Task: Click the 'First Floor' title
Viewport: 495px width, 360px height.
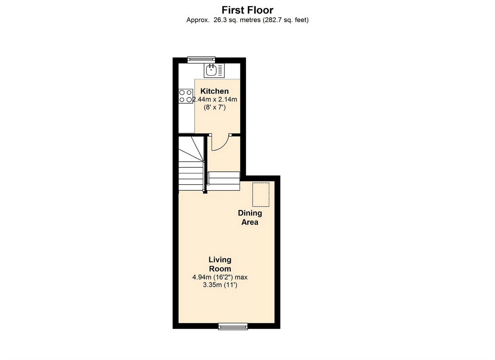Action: pos(247,10)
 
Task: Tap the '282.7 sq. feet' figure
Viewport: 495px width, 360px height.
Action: pos(285,20)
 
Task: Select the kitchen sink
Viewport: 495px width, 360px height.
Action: pos(214,70)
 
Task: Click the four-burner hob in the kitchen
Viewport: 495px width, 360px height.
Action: pos(186,96)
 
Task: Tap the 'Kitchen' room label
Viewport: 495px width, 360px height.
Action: pos(214,91)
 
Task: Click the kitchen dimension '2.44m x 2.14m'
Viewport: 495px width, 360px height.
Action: pos(215,99)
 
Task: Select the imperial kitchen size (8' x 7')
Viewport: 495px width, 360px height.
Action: pos(214,108)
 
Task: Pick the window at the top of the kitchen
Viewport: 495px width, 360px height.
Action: pos(201,59)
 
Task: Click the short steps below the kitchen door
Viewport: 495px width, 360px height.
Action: pos(224,181)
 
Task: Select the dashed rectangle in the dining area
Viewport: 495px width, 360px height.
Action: pos(261,194)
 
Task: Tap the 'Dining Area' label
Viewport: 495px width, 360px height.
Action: pos(250,217)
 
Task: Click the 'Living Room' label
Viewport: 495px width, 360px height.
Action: pos(220,264)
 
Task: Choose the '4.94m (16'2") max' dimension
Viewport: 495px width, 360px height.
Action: pos(220,277)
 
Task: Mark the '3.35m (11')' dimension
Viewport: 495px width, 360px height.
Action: pos(220,285)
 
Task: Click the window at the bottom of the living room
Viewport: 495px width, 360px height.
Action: pos(233,326)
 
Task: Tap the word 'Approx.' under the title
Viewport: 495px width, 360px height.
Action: pos(198,20)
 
